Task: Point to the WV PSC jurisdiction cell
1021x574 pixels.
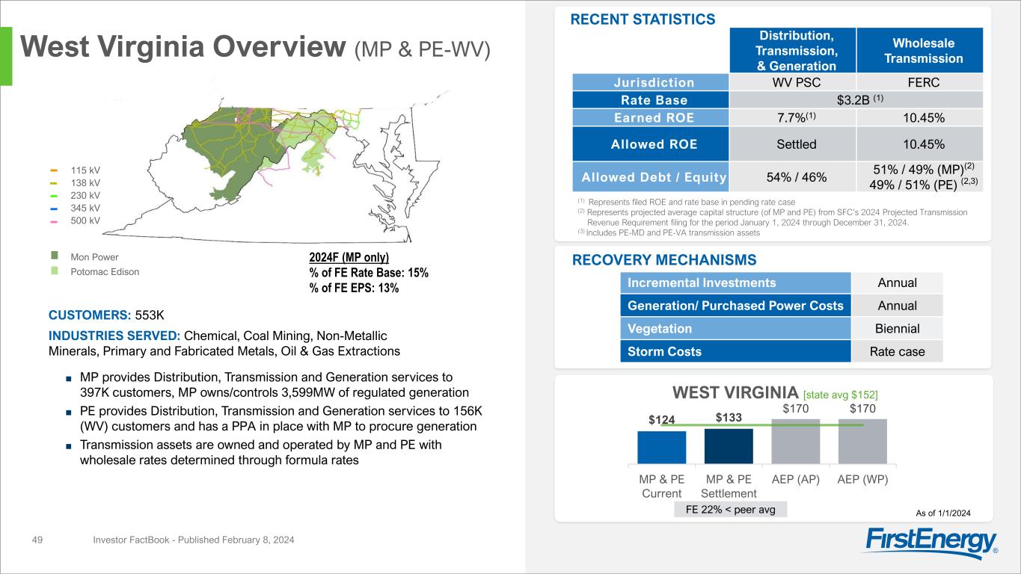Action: tap(791, 82)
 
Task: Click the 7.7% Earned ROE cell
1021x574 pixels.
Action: tap(791, 117)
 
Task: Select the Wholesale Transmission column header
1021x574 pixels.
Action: tap(919, 51)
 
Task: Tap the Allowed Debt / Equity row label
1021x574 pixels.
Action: tap(650, 177)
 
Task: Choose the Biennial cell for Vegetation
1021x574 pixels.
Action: tap(897, 328)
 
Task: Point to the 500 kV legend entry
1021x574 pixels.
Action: tap(84, 220)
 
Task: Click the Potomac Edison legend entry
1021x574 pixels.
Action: tap(104, 272)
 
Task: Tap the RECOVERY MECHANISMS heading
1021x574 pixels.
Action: tap(664, 260)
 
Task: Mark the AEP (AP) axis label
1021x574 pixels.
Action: tap(795, 479)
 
